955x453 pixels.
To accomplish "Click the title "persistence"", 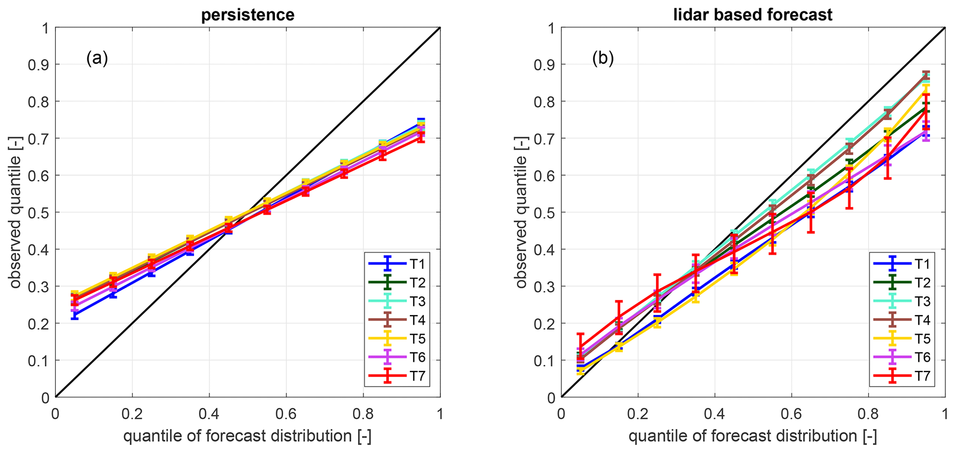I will (248, 15).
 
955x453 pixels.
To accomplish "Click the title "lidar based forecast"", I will (753, 15).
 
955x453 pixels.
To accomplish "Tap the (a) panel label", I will (97, 59).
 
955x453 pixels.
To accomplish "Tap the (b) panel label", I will (603, 59).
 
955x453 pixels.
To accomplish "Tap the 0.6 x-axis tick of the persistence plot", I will (286, 413).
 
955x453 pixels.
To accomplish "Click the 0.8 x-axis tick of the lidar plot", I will (868, 413).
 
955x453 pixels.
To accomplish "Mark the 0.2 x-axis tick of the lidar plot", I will (638, 413).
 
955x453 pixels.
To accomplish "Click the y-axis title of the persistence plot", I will (16, 212).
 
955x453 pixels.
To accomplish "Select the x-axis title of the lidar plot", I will (753, 436).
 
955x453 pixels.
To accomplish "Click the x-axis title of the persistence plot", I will (247, 436).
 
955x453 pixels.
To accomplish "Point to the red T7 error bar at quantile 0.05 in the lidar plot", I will (580, 346).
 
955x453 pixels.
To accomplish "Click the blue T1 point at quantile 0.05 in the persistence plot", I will (74, 315).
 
